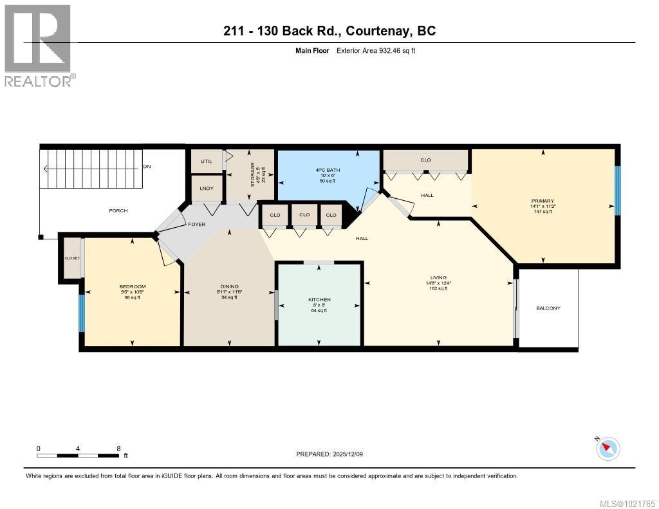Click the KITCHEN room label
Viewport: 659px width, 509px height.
coord(319,300)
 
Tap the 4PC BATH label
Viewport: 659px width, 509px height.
coord(328,170)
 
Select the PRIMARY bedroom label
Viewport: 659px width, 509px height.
coord(543,201)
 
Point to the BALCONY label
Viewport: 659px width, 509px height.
coord(548,308)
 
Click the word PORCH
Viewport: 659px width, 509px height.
coord(118,210)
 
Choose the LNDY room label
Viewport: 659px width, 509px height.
coord(207,188)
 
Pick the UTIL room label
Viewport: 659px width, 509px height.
coord(206,161)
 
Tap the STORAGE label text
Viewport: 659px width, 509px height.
coord(253,174)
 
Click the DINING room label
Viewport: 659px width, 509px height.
coord(229,286)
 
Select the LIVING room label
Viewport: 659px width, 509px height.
coord(440,277)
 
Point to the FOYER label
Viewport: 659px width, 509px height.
coord(196,224)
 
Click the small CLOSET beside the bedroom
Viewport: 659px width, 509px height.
coord(72,258)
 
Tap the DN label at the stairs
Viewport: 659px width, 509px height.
coord(147,167)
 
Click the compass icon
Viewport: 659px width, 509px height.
coord(608,448)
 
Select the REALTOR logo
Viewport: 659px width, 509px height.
coord(39,45)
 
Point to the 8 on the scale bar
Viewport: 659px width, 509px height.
coord(118,448)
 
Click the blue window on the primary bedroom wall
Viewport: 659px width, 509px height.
coord(617,190)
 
